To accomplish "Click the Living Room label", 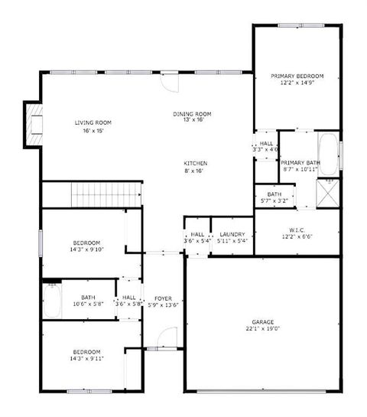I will (x=93, y=122).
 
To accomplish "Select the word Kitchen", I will (x=195, y=164).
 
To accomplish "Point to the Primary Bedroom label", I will (x=297, y=77).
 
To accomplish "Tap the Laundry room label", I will (x=231, y=234).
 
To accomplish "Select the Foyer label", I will (x=163, y=298).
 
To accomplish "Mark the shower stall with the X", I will (x=329, y=194).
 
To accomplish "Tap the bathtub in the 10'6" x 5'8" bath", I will (x=52, y=301).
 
